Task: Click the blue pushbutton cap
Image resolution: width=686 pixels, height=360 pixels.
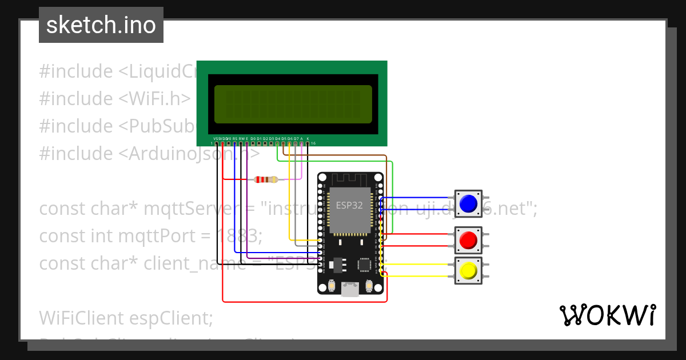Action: [x=468, y=204]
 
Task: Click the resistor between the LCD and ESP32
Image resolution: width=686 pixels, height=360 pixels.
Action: [x=266, y=179]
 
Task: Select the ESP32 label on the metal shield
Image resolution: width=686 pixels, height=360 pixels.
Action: [x=349, y=206]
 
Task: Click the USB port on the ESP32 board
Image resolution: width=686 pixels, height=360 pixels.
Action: [x=349, y=290]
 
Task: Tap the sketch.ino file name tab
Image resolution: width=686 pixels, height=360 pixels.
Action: [x=101, y=25]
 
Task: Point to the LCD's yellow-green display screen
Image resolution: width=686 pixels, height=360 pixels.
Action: [x=293, y=105]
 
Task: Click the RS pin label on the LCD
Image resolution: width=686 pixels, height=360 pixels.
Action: [x=235, y=139]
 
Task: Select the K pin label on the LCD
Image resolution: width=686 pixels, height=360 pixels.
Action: [x=308, y=139]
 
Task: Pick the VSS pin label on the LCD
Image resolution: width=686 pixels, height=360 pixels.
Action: [x=216, y=139]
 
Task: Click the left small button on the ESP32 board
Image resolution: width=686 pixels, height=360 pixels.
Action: [x=331, y=285]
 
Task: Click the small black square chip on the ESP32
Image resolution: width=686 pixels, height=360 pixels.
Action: [x=364, y=264]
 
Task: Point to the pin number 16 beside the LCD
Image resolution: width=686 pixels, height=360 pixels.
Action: [x=313, y=143]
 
